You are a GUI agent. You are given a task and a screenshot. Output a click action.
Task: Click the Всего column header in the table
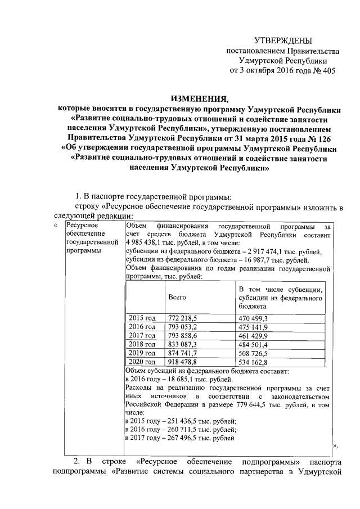177,296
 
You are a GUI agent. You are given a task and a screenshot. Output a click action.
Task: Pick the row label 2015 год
142,318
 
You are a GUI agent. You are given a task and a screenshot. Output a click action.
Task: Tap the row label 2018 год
142,344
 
